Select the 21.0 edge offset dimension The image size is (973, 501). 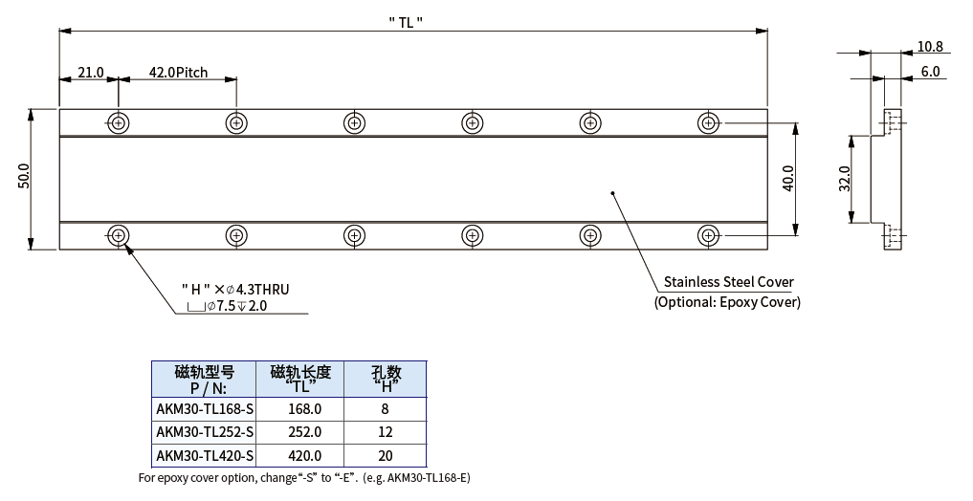click(x=90, y=73)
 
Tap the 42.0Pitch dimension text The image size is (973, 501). click(x=178, y=73)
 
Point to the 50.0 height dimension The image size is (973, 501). click(x=24, y=178)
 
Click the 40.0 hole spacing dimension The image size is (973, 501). click(x=787, y=178)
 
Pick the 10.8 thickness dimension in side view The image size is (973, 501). click(x=929, y=46)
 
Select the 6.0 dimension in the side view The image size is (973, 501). click(x=930, y=72)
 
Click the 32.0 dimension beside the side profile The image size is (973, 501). click(x=845, y=179)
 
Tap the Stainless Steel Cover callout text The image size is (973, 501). click(x=728, y=282)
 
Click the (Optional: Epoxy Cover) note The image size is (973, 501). click(x=727, y=302)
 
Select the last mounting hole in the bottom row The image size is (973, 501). click(x=708, y=234)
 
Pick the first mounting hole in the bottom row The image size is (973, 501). click(x=119, y=234)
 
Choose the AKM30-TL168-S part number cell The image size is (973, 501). click(x=205, y=408)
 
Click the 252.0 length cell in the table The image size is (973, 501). click(x=304, y=432)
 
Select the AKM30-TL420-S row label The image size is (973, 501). click(x=205, y=456)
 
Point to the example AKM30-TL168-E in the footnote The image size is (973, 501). click(x=430, y=477)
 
